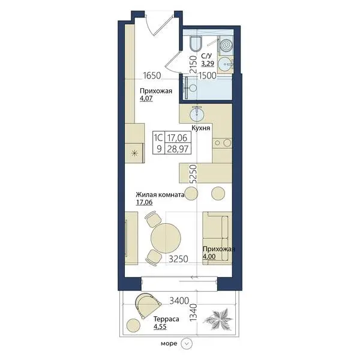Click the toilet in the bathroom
coord(196,44)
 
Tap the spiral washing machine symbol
coord(225,46)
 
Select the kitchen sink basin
coord(196,113)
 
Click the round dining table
coord(166,238)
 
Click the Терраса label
coord(166,319)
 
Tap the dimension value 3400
coord(179,301)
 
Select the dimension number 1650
coord(152,76)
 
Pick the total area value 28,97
coord(178,149)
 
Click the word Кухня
coord(201,128)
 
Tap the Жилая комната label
coord(160,195)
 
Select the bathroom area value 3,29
coord(208,64)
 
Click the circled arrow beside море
coord(187,343)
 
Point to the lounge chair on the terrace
coord(148,305)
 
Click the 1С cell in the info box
coord(158,138)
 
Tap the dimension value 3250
coord(178,259)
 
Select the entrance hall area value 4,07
coord(146,99)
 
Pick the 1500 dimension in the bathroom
coord(208,76)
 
